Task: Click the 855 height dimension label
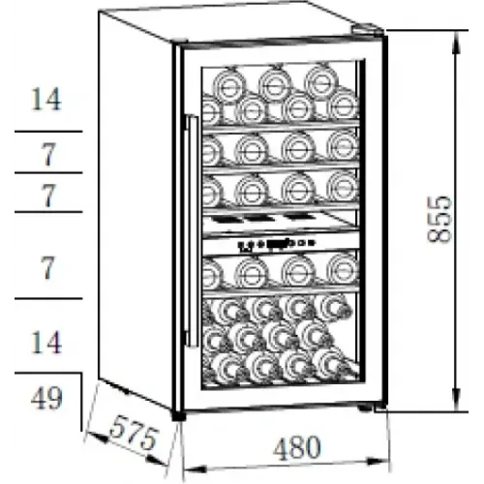(x=439, y=219)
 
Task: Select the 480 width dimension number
(x=297, y=448)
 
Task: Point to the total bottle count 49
(x=46, y=399)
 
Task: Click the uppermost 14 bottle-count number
(x=46, y=100)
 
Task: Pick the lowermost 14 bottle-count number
(x=46, y=343)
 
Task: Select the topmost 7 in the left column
(x=48, y=155)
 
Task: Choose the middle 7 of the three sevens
(x=48, y=196)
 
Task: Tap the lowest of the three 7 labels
(x=48, y=267)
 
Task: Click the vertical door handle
(x=193, y=231)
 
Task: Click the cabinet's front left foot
(x=178, y=415)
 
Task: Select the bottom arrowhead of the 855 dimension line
(x=457, y=400)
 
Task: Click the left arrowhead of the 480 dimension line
(x=195, y=469)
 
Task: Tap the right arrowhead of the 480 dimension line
(x=378, y=462)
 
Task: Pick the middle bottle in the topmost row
(x=275, y=85)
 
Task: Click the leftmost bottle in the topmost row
(x=229, y=85)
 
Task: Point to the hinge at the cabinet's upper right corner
(x=367, y=29)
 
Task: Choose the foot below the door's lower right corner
(x=365, y=408)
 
